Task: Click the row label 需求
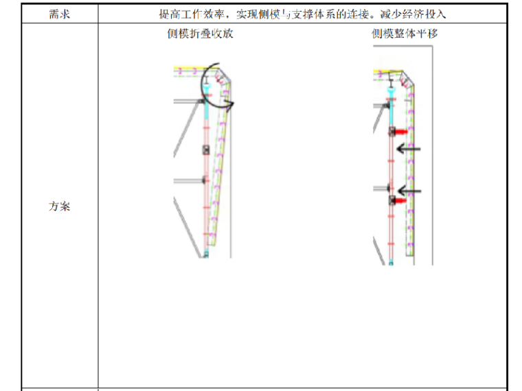(x=59, y=14)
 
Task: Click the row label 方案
(x=59, y=206)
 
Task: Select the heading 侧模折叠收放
(x=200, y=33)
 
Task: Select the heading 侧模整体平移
(x=405, y=33)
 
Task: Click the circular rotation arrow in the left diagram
(x=218, y=85)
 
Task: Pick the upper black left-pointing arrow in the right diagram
(x=408, y=149)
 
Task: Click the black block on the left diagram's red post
(x=205, y=149)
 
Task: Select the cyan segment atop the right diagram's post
(x=390, y=90)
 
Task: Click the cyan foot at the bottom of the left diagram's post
(x=205, y=253)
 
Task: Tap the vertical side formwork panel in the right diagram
(x=410, y=171)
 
